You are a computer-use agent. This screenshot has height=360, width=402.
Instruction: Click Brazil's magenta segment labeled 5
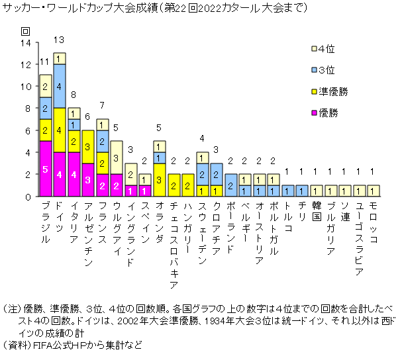pos(46,169)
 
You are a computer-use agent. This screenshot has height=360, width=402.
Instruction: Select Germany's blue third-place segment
pos(60,86)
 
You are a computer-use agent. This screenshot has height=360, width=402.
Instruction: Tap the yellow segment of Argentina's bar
pos(88,147)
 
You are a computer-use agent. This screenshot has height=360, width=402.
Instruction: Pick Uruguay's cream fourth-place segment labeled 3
pos(117,157)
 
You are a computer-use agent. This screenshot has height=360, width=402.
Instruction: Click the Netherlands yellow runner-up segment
pos(160,180)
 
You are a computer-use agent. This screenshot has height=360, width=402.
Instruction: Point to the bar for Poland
pos(231,185)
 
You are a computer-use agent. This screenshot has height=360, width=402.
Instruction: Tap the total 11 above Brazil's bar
pos(44,63)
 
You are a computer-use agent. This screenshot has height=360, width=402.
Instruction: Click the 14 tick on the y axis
pos(26,42)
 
